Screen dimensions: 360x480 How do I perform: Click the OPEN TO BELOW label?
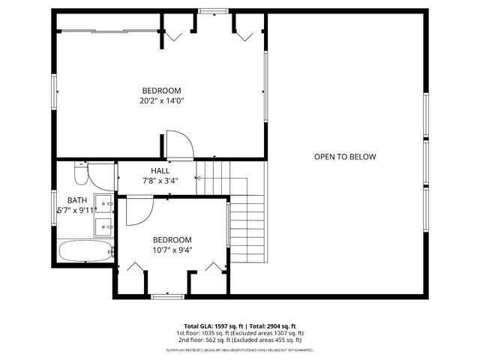tap(344, 157)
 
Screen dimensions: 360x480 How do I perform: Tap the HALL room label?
tap(160, 171)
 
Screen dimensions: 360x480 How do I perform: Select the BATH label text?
tap(77, 200)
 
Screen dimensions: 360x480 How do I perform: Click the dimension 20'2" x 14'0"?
tap(161, 100)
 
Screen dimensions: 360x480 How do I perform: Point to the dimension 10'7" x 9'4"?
tap(172, 250)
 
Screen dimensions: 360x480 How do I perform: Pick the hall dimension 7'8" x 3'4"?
tap(160, 181)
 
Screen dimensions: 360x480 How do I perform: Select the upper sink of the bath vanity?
tap(106, 202)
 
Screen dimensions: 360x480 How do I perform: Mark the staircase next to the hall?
tap(240, 217)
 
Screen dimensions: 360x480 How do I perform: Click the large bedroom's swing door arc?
tap(178, 144)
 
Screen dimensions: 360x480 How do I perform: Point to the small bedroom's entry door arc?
tap(138, 211)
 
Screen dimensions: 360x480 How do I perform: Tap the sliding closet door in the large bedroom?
tap(109, 30)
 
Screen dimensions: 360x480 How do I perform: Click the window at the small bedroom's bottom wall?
tap(166, 296)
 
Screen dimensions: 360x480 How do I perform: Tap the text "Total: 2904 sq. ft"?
tap(272, 326)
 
